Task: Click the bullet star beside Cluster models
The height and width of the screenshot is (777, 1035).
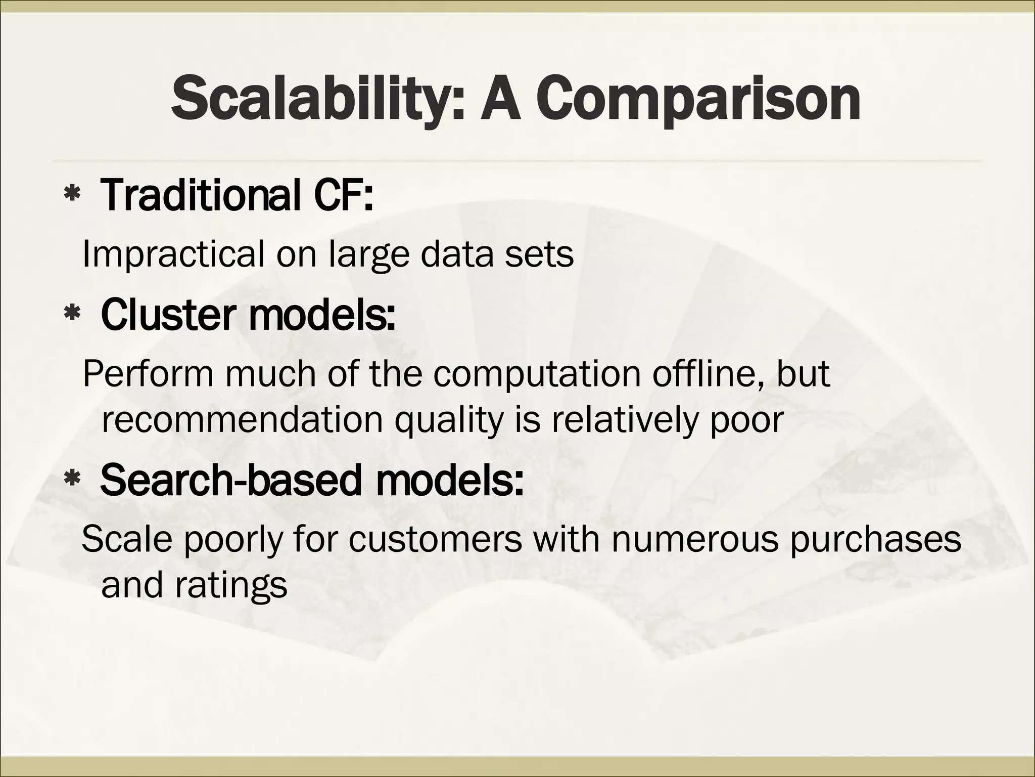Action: (x=72, y=314)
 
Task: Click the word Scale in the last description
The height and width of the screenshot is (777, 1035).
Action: (x=124, y=539)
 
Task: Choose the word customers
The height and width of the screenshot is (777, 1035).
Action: (x=435, y=539)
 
